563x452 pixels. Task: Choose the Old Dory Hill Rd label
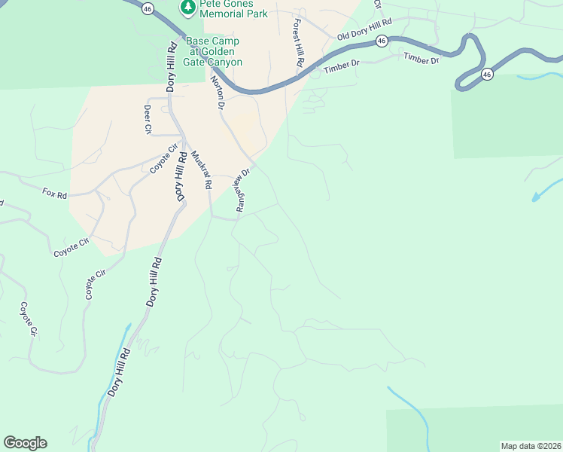365,34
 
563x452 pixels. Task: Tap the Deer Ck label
148,119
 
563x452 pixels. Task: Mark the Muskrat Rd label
202,169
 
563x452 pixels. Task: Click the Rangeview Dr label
242,190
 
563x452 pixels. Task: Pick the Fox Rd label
55,194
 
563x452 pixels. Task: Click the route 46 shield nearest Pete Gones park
148,8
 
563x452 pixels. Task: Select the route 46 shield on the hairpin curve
487,74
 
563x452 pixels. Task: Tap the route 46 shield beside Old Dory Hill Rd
382,41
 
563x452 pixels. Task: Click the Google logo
25,442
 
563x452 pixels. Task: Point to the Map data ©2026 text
531,445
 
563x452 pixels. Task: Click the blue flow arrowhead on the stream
536,197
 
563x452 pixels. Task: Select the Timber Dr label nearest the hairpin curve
421,59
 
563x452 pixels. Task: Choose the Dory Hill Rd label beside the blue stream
117,371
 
